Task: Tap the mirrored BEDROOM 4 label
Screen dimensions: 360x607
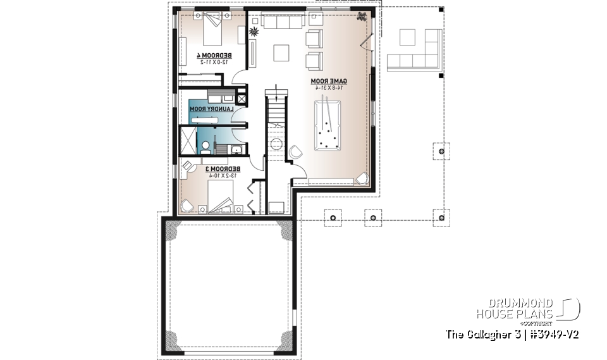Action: (x=214, y=55)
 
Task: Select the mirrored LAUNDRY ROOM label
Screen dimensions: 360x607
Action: (x=213, y=109)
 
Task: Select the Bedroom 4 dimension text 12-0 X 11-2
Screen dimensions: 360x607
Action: (x=214, y=62)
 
